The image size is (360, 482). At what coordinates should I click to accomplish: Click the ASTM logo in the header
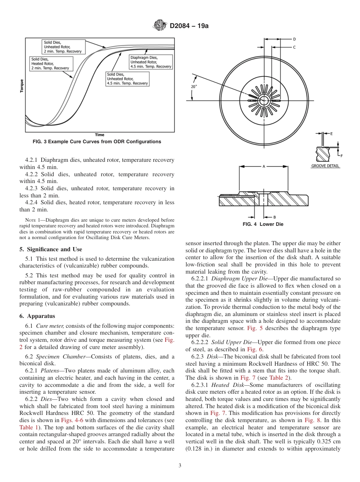[159, 26]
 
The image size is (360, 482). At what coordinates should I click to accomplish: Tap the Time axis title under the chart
[100, 135]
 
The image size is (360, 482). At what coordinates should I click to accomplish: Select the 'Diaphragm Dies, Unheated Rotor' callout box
[151, 62]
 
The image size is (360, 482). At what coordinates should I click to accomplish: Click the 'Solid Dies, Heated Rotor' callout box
[50, 64]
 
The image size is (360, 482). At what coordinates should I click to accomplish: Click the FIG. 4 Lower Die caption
[263, 224]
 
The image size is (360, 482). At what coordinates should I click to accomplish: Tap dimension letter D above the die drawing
[294, 39]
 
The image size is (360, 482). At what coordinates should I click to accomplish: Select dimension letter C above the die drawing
[294, 47]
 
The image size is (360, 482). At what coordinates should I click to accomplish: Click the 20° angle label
[194, 86]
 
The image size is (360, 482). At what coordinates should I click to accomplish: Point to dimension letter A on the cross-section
[263, 166]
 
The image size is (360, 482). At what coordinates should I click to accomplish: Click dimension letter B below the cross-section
[274, 217]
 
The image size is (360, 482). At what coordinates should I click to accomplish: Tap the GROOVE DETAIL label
[325, 166]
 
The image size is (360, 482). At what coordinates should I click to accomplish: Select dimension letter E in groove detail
[332, 133]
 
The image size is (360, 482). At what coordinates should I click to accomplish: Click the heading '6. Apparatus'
[37, 316]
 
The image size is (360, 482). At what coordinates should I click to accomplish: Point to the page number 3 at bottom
[180, 466]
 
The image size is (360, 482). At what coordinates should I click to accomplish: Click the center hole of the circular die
[263, 100]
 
